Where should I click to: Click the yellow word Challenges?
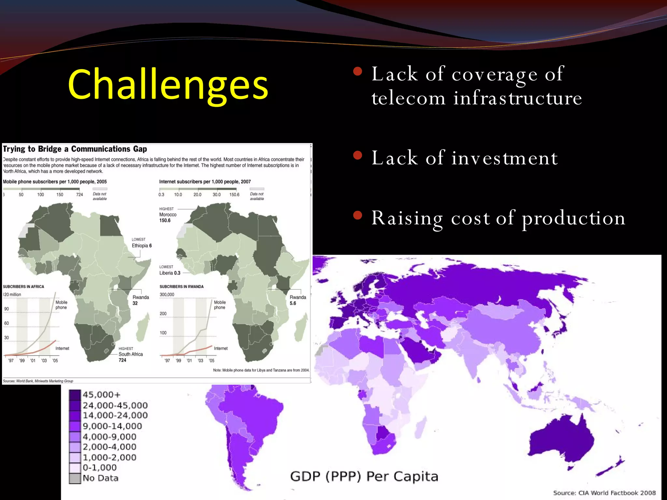coord(168,85)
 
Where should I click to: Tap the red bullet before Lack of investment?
coord(358,156)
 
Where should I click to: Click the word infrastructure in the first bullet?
coord(518,98)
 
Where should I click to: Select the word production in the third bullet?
coord(574,218)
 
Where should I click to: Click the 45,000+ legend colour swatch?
coord(75,395)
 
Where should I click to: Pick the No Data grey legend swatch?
coord(75,478)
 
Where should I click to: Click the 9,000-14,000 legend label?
coord(112,426)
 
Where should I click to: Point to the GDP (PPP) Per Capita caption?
coord(364,477)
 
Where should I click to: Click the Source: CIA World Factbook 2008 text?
coord(604,493)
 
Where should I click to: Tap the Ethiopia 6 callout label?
coord(141,245)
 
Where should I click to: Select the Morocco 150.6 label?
coord(167,217)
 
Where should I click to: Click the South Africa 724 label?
coord(130,357)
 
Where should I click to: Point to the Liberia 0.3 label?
coord(169,273)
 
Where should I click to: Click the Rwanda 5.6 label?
coord(298,300)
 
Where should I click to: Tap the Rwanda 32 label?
coord(140,300)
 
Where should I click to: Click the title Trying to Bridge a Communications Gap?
coord(75,149)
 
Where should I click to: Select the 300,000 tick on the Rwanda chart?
coord(167,295)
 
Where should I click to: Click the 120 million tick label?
coord(12,295)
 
